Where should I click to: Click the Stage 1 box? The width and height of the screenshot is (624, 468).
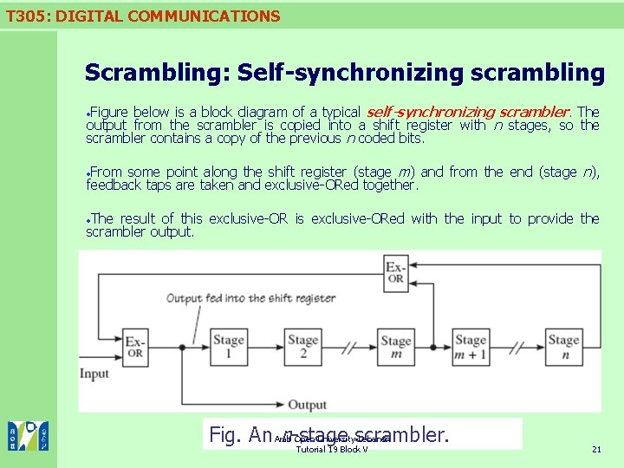(x=229, y=346)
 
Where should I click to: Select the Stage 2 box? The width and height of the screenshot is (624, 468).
(x=303, y=346)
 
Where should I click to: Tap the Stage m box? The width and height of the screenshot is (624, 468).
(x=396, y=347)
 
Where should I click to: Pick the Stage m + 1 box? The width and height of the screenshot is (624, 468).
(x=471, y=346)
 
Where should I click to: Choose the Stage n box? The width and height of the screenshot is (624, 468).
(x=563, y=346)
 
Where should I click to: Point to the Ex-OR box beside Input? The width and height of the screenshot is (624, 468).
(x=136, y=346)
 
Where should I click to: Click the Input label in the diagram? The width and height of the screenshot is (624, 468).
(x=94, y=374)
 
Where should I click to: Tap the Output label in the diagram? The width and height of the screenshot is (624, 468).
(x=308, y=405)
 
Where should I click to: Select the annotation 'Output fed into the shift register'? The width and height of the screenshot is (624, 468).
(x=250, y=298)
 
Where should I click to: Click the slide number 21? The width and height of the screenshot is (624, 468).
(x=596, y=449)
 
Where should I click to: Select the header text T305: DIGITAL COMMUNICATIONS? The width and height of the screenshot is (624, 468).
(x=141, y=16)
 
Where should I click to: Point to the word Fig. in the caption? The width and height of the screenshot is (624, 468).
(x=227, y=434)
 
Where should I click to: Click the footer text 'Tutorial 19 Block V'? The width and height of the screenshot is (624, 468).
(x=332, y=449)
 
